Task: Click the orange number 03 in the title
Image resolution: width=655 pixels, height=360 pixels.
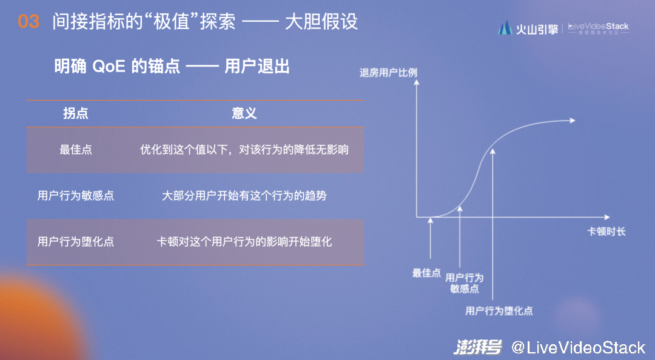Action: click(x=29, y=22)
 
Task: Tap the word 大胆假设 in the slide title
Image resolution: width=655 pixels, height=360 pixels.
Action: click(x=321, y=22)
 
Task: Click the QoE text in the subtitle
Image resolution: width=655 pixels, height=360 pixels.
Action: click(x=109, y=67)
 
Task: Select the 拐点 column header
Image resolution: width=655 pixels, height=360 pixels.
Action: click(x=76, y=113)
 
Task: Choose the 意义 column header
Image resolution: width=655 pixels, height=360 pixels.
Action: click(x=244, y=113)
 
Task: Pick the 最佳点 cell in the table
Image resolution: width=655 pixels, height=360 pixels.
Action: click(x=76, y=150)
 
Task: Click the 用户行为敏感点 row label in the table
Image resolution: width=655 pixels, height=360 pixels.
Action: click(x=76, y=195)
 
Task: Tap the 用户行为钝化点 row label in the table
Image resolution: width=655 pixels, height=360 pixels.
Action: click(x=76, y=241)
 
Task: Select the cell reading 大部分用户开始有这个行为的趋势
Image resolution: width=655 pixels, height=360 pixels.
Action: click(x=244, y=195)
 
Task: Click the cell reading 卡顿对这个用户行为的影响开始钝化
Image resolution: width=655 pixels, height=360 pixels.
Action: click(x=244, y=241)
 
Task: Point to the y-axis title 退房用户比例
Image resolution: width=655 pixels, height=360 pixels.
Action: click(x=388, y=73)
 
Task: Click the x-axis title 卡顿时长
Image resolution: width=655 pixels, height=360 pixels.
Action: click(x=606, y=232)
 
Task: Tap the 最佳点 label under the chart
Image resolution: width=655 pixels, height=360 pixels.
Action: click(x=426, y=273)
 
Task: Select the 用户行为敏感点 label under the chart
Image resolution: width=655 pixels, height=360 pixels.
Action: click(x=464, y=283)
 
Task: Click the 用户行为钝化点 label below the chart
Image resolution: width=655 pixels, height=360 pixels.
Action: click(x=499, y=311)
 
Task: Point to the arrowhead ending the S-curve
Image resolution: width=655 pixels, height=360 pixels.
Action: click(x=573, y=120)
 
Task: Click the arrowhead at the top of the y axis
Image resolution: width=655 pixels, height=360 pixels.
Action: click(x=417, y=82)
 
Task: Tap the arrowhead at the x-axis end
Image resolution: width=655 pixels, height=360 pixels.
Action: click(x=607, y=217)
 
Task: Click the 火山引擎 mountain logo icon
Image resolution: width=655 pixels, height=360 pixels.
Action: click(x=505, y=27)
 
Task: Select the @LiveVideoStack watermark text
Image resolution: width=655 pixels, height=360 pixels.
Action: click(x=579, y=347)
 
